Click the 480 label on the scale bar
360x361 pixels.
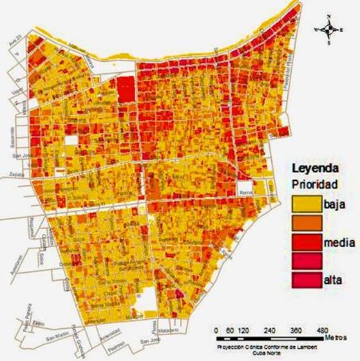point(321,327)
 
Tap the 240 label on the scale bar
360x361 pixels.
point(270,327)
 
